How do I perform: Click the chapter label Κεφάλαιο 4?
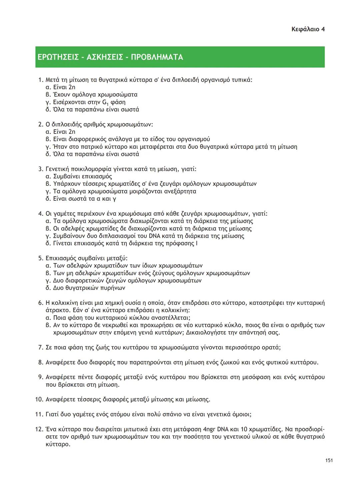coord(308,29)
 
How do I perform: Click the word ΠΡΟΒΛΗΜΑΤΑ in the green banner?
coord(157,57)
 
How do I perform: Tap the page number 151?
coord(329,460)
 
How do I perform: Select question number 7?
coord(40,348)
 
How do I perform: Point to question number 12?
coord(39,429)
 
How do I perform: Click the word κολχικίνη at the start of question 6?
coord(64,303)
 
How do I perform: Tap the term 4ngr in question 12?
coord(209,429)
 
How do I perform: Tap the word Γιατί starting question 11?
coord(53,415)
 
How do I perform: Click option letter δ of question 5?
coord(48,288)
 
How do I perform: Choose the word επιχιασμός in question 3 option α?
coord(97,176)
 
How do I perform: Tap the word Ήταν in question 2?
coord(60,147)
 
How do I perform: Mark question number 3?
coord(40,169)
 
